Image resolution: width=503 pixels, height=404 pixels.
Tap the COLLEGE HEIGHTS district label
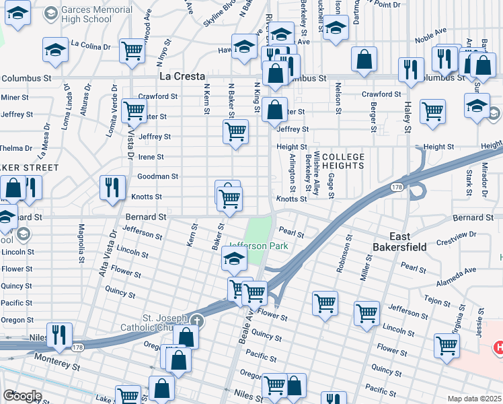[343, 162]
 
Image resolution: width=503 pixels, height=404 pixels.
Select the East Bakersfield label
[399, 242]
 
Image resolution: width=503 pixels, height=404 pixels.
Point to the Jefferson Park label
[259, 246]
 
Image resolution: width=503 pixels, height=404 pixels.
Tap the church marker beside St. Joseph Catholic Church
[196, 320]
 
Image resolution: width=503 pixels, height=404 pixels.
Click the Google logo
[22, 396]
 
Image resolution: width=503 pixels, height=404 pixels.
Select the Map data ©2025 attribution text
[474, 399]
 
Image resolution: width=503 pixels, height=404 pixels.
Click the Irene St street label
[151, 157]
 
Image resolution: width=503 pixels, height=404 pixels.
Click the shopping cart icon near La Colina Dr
[132, 50]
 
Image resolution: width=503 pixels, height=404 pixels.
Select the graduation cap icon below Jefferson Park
[233, 258]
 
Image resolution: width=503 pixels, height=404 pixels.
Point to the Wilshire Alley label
[316, 179]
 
